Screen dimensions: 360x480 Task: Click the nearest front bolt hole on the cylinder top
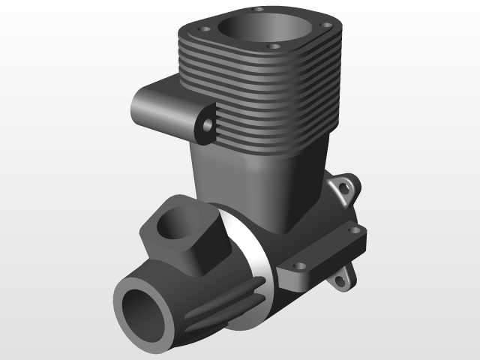(x=274, y=46)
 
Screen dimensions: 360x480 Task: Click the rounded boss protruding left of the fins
(x=154, y=105)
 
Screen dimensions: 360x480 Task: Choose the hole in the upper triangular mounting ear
(x=346, y=185)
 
